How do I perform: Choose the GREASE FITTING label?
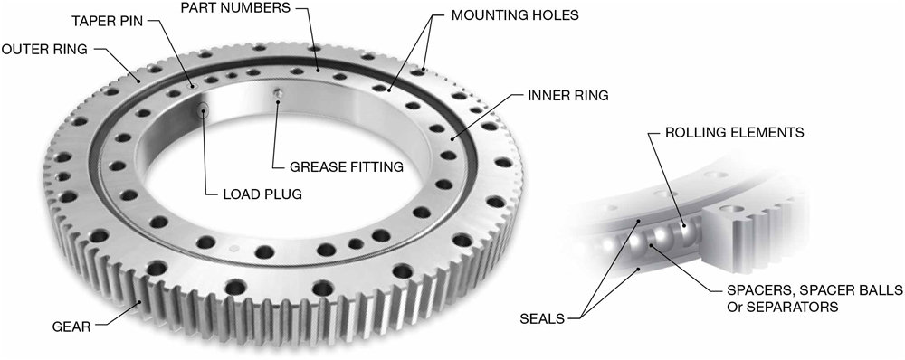pos(347,167)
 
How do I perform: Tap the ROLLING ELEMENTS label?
pos(734,132)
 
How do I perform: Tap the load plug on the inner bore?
pos(205,110)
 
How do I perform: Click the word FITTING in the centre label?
pos(375,167)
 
